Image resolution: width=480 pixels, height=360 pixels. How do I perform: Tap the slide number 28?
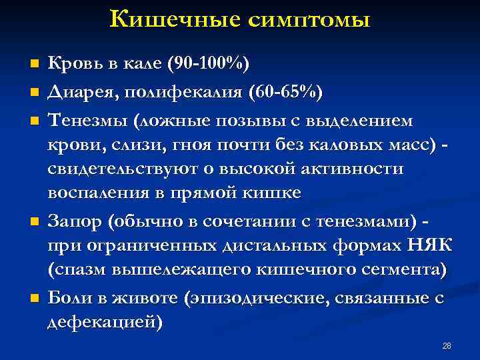click(x=447, y=345)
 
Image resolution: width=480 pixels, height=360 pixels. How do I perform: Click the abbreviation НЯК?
click(x=425, y=245)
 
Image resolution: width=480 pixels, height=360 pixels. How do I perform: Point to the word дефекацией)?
click(x=105, y=323)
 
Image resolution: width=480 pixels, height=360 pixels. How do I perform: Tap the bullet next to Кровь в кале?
click(x=35, y=64)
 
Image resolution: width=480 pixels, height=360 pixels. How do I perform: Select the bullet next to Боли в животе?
click(x=35, y=299)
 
